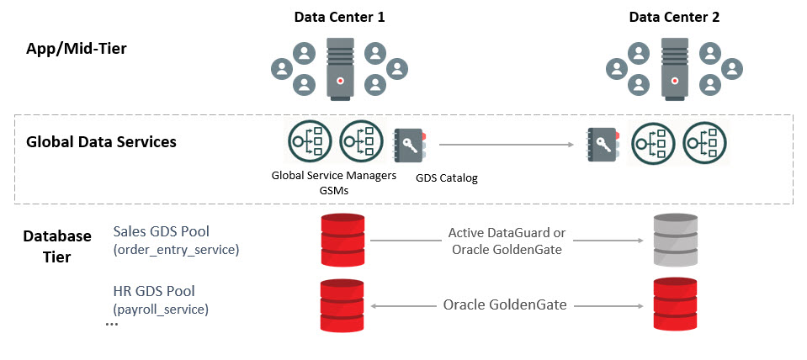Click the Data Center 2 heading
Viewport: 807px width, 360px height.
pos(674,17)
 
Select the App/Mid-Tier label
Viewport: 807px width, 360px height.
pos(77,50)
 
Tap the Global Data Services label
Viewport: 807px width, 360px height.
pos(102,141)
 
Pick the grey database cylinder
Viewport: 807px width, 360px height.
pos(676,240)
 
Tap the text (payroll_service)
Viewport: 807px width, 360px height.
pos(161,309)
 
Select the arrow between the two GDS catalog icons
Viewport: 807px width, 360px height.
pos(505,146)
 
